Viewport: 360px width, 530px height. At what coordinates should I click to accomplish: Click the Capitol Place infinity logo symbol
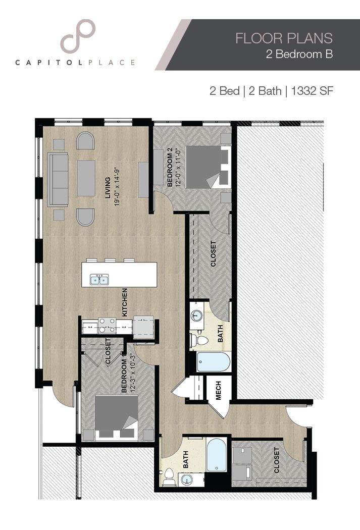point(78,36)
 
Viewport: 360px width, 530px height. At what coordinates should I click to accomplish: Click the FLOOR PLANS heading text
point(284,38)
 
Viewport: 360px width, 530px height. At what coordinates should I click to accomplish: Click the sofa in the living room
point(58,179)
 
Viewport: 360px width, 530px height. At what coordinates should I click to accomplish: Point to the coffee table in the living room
point(86,178)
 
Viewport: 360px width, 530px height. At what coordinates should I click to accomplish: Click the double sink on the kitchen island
point(99,279)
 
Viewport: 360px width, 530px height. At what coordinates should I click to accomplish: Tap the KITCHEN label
point(124,303)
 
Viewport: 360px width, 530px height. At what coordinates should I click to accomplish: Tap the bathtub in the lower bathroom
point(216,454)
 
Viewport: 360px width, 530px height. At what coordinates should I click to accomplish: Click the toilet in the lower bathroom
point(169,476)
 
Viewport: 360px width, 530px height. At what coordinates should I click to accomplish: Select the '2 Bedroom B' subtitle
point(299,55)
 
